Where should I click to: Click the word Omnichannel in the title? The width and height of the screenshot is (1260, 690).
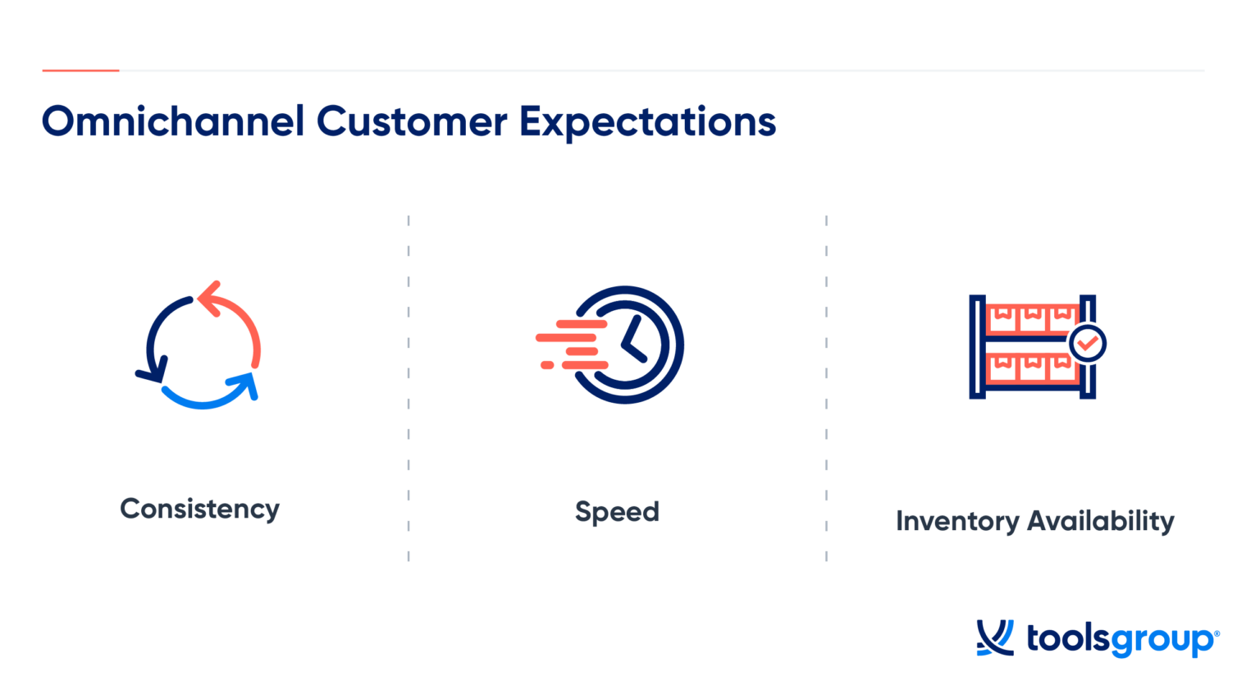point(173,122)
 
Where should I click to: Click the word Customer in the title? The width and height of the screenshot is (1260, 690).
point(412,122)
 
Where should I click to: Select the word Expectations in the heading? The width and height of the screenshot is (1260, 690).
point(647,123)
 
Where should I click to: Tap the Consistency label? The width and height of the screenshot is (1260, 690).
point(199,510)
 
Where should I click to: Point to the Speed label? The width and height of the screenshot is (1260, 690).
point(617,512)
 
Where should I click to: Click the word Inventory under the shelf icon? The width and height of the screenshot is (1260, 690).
point(956,521)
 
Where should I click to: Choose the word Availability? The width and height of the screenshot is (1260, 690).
point(1101,521)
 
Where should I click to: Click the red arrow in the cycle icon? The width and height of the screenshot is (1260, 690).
point(236,316)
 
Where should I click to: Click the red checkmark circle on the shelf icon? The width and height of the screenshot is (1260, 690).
point(1088,343)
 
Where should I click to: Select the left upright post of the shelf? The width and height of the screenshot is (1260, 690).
point(976,347)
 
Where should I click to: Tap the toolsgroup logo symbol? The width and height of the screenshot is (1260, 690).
point(994,637)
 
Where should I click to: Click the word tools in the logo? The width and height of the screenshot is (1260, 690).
point(1067,637)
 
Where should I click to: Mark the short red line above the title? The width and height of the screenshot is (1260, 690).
point(80,71)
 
